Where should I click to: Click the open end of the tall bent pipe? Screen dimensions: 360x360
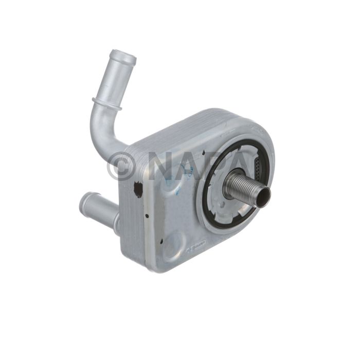pos(123,56)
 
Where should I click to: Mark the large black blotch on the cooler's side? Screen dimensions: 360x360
pos(137,189)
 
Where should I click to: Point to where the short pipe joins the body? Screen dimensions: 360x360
pos(115,216)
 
